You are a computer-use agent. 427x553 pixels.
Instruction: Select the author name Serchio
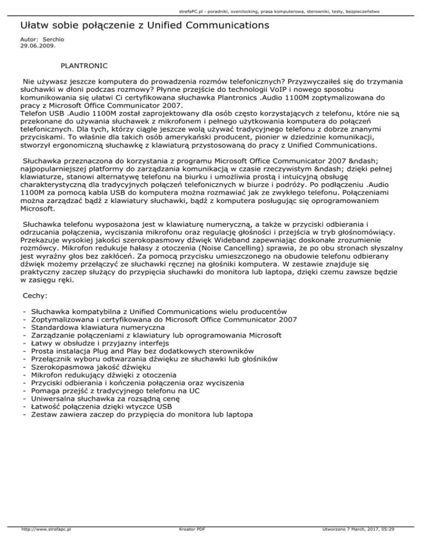pos(48,41)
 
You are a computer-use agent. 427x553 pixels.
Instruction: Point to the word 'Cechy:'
pos(36,298)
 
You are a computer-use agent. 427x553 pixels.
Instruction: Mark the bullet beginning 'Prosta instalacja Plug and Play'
pos(143,351)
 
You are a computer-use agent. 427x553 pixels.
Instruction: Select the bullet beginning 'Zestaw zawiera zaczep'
pos(142,415)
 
